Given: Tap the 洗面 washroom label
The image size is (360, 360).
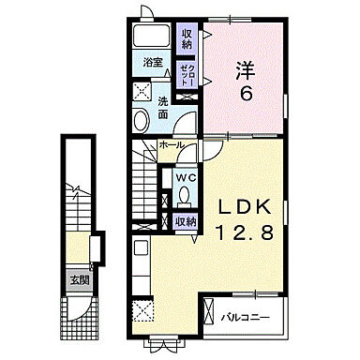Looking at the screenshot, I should [x=163, y=107].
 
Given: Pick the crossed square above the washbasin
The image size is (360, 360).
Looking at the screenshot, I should [x=142, y=91].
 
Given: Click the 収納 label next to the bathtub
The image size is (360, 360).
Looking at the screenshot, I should [x=187, y=38].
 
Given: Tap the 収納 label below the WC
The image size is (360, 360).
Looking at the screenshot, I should [x=186, y=221].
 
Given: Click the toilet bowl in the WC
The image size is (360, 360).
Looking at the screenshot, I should [x=186, y=195].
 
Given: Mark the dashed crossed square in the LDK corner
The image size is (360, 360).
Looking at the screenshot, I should [x=142, y=312].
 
